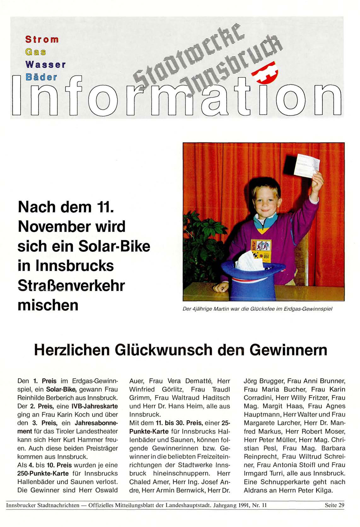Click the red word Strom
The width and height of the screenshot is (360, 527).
pos(42,39)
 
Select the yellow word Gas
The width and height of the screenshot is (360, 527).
pos(35,52)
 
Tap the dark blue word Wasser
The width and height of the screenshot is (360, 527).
pos(45,65)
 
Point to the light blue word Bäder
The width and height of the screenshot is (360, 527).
pos(41,77)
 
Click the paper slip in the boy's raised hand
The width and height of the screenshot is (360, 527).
pos(306,165)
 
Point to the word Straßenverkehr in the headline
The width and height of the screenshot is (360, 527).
pos(71,285)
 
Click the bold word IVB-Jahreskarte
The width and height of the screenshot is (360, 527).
pos(95,406)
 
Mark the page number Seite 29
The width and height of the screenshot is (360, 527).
pos(334,505)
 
